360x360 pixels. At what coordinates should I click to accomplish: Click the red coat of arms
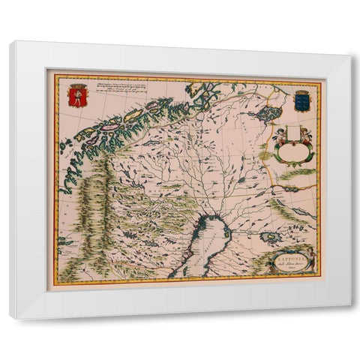[x=76, y=96]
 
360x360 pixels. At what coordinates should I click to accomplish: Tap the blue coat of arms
[x=301, y=100]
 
